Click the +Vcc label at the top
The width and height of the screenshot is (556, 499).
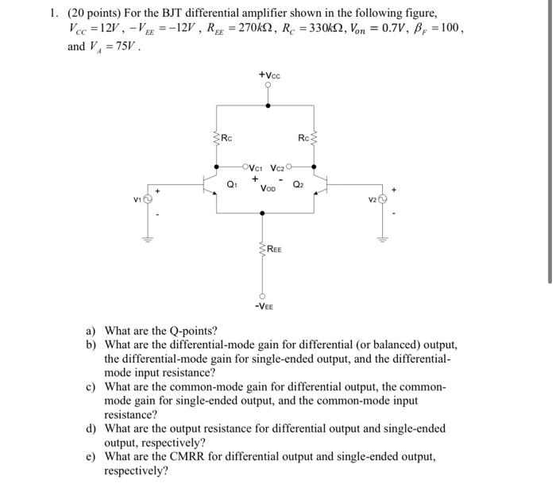(x=269, y=76)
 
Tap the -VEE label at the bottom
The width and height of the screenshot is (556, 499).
(x=264, y=305)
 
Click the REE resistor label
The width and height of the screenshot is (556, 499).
(x=273, y=249)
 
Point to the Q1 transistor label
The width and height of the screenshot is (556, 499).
(x=231, y=185)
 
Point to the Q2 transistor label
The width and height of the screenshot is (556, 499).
(x=297, y=185)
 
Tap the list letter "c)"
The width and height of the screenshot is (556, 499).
(x=91, y=386)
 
